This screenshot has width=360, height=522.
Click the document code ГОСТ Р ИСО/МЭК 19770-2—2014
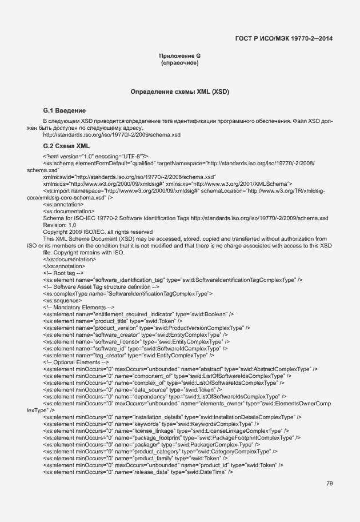click(x=283, y=39)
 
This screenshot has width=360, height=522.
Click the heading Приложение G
click(x=179, y=55)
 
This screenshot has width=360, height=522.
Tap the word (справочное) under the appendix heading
click(x=179, y=63)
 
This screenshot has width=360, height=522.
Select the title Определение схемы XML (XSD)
click(x=179, y=91)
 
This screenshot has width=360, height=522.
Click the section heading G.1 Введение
click(x=65, y=110)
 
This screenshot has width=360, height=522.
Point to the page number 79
click(x=330, y=484)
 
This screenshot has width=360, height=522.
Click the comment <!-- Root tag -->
click(x=63, y=273)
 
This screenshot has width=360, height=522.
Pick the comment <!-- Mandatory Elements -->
click(x=74, y=307)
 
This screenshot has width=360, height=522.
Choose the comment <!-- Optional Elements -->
click(x=72, y=362)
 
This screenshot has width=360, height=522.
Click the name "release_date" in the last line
click(x=151, y=472)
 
